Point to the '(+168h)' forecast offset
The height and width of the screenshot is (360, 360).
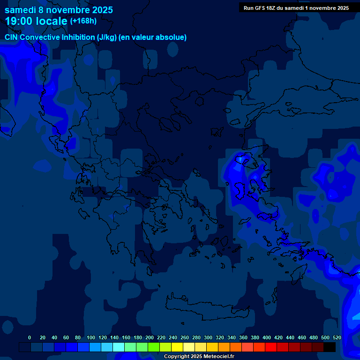click(x=83, y=21)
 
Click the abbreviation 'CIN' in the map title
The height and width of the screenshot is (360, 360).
click(x=11, y=37)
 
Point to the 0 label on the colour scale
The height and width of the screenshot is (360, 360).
click(x=30, y=337)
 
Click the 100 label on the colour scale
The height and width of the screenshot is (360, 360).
click(x=91, y=337)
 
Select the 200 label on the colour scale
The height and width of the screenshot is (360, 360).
click(x=150, y=337)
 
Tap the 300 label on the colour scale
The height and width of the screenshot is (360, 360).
click(x=208, y=337)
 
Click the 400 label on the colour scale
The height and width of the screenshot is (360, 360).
click(x=267, y=337)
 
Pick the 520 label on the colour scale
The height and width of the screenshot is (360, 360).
click(x=337, y=337)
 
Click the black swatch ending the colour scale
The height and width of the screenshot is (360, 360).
click(x=329, y=347)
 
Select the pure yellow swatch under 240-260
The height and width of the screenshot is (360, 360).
click(x=177, y=347)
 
